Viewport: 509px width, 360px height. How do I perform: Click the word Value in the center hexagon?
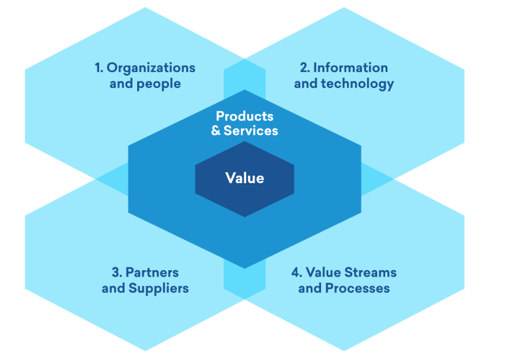coord(244,178)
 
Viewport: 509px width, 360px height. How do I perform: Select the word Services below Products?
coord(251,131)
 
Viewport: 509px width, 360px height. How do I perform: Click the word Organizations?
coord(151,68)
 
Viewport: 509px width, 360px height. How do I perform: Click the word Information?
coord(350,68)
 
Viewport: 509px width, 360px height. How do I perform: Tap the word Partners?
coord(152,272)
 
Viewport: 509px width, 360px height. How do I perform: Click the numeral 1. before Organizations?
coord(99,68)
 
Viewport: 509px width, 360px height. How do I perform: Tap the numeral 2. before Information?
coord(304,68)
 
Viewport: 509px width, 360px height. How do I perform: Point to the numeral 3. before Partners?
coord(116,272)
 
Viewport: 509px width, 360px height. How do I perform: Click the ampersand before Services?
coord(216,131)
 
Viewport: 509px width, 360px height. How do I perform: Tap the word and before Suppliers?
coord(114,288)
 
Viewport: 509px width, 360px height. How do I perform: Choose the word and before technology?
coord(306,84)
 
